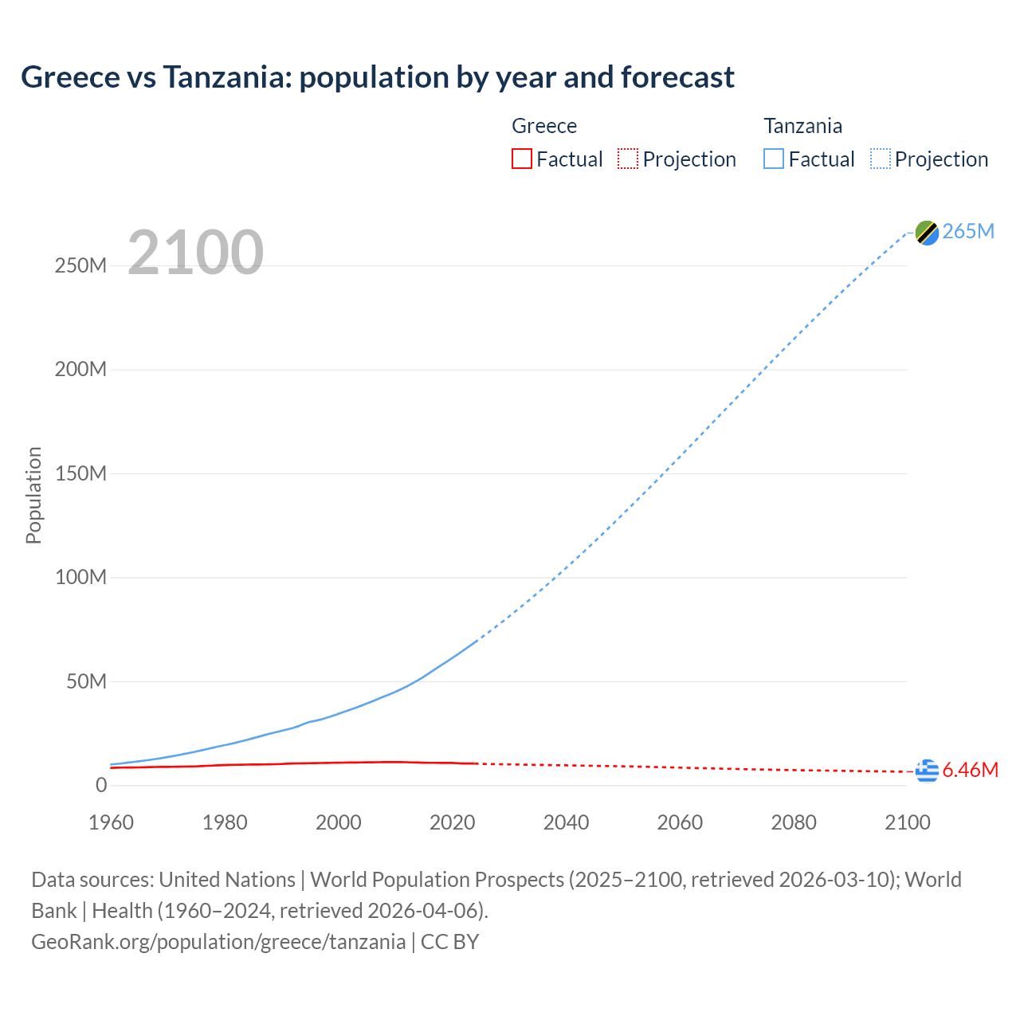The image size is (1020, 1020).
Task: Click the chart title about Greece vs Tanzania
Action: (377, 77)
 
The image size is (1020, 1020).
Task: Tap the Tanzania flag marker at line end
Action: (927, 232)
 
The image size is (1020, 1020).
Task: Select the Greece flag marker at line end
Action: (927, 771)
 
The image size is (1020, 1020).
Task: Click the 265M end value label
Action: (968, 231)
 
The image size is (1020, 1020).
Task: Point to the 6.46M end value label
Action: (970, 771)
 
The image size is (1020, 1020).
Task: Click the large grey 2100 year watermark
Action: (195, 253)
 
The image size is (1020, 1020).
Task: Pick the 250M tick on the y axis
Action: (80, 265)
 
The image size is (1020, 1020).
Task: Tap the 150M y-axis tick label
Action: (80, 473)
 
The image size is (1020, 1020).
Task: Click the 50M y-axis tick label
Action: (86, 681)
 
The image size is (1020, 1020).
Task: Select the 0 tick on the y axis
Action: (101, 785)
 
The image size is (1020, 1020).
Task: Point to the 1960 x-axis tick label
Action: (111, 822)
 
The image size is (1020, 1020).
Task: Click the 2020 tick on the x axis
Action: (452, 822)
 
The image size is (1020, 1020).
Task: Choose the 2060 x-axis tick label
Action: (680, 822)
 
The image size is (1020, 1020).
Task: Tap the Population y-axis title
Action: (33, 495)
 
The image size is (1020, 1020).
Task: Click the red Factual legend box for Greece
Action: (521, 159)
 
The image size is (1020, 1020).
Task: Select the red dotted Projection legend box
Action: (628, 159)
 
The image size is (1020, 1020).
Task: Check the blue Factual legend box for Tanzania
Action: (774, 159)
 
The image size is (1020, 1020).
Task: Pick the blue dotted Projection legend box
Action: (881, 159)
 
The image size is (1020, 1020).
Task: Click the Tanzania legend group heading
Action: (802, 126)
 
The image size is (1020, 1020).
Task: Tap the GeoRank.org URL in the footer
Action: (218, 942)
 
